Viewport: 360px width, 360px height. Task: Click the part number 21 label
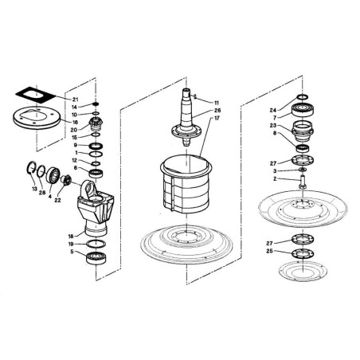tap(76, 100)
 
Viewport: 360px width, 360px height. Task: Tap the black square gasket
tap(36, 95)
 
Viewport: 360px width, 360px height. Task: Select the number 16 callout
tap(76, 123)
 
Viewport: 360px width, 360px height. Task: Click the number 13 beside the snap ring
tap(33, 189)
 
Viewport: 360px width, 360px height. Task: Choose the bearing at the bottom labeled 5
tap(95, 257)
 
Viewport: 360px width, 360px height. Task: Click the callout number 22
tap(57, 201)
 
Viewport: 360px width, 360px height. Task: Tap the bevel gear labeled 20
tap(96, 123)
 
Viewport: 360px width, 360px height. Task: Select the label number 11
tap(216, 103)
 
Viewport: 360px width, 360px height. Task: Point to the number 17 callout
tap(217, 118)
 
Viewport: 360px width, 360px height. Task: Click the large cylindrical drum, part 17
tap(186, 185)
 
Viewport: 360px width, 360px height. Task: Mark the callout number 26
tap(217, 111)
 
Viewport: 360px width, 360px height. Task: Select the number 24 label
tap(273, 110)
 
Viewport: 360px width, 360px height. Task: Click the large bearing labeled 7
tap(303, 110)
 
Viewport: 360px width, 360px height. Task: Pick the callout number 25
tap(269, 251)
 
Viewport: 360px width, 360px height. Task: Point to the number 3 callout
tap(275, 171)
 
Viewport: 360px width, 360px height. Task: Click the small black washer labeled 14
tap(96, 104)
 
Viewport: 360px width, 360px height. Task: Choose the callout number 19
tap(71, 244)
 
